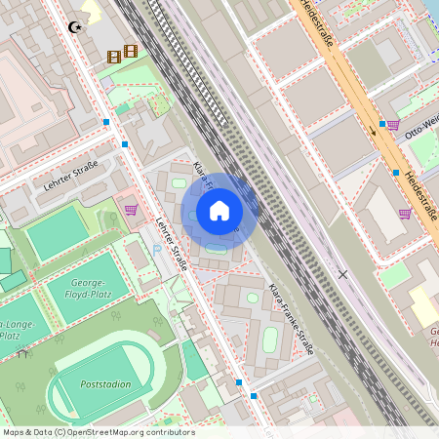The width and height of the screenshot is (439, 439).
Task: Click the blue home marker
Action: coord(219,210)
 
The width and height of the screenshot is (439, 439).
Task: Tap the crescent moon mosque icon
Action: coord(76,27)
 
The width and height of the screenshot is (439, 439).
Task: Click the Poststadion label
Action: coord(106,384)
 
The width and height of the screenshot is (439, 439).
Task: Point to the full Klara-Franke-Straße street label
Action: coord(291,320)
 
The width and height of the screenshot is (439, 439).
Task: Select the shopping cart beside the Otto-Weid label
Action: coord(393,125)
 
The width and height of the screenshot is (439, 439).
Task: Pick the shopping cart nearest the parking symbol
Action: coord(130,209)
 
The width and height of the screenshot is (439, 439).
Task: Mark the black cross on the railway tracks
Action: coord(341,275)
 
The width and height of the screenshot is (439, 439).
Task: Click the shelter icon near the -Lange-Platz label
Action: coord(21,354)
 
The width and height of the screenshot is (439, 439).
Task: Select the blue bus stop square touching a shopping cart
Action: coord(382,124)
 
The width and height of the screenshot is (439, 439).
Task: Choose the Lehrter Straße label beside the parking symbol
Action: coord(173,244)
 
